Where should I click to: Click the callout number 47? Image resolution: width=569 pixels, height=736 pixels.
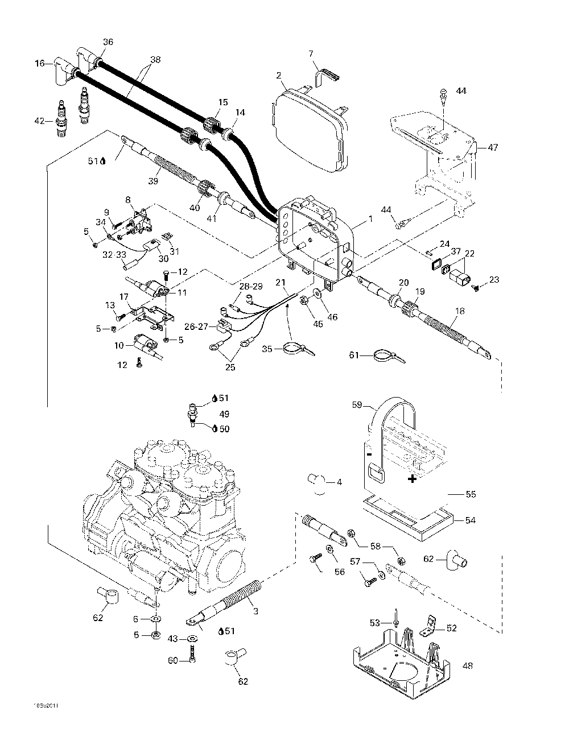click(493, 147)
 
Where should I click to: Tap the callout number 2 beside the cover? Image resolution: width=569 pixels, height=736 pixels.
click(279, 76)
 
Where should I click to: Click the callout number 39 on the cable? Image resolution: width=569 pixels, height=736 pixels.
click(153, 181)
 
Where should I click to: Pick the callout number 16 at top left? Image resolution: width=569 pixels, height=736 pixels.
click(39, 64)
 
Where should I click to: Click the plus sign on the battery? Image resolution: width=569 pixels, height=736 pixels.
click(412, 479)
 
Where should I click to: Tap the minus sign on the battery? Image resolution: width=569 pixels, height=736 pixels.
click(369, 455)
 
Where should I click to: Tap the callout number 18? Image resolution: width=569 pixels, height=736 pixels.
click(460, 311)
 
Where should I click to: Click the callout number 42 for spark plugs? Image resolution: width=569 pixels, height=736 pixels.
click(39, 121)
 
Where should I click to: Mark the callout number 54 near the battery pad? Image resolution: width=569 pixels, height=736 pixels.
click(471, 520)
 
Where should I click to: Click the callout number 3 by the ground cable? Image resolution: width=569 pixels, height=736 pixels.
click(256, 611)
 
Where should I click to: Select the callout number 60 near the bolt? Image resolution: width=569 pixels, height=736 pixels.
click(173, 660)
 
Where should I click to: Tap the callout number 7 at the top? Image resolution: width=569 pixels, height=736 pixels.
click(311, 54)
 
